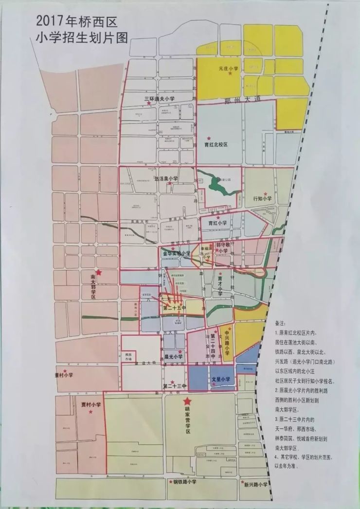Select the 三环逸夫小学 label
(159, 99)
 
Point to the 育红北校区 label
(216, 145)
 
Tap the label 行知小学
(263, 198)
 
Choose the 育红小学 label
(217, 223)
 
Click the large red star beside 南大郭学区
(99, 274)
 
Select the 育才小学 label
(220, 285)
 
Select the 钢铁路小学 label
(184, 482)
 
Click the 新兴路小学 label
(256, 484)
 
